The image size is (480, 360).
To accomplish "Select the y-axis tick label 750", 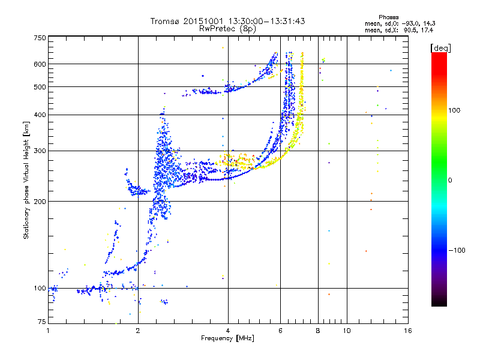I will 40,38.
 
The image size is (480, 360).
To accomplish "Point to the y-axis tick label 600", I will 40,64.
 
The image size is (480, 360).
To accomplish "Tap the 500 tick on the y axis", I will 40,87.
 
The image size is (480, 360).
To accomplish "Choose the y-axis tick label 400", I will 40,115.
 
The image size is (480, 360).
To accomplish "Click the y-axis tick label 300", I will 40,151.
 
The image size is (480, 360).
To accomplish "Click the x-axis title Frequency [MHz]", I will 227,338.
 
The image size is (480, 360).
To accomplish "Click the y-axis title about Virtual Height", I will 26,180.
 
